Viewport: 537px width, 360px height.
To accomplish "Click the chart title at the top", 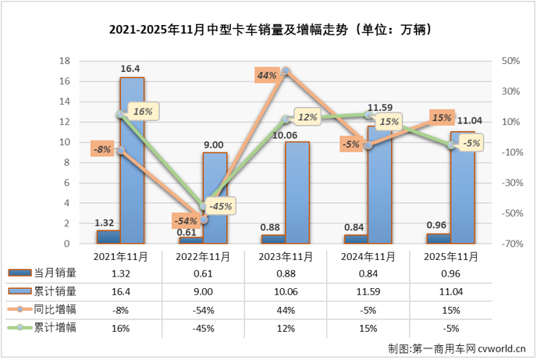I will point(268,30).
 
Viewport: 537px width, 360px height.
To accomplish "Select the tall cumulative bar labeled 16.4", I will point(132,160).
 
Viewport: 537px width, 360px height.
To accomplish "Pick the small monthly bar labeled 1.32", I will point(108,237).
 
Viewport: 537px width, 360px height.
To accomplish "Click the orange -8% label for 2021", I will point(101,148).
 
